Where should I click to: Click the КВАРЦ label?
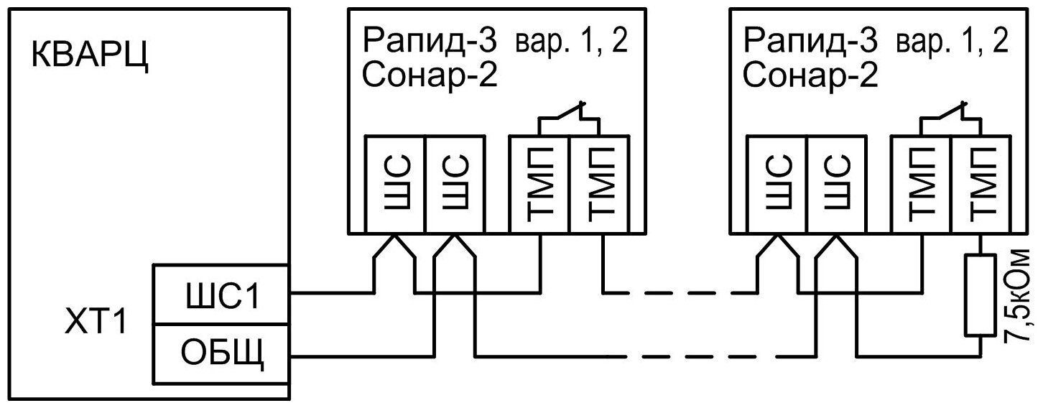(x=90, y=57)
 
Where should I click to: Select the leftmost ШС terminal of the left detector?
(x=395, y=183)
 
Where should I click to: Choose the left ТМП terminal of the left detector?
(x=539, y=183)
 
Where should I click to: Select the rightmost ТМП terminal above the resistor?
(x=981, y=183)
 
